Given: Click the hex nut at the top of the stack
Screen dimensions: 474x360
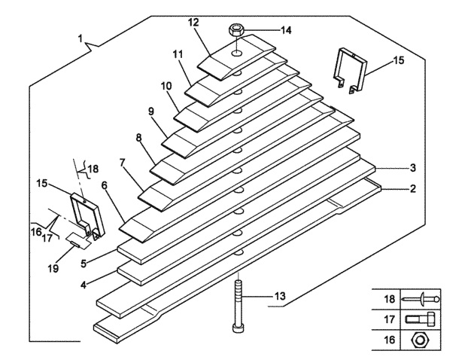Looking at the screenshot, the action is (x=235, y=30).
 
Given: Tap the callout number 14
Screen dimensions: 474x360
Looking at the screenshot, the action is (x=286, y=30).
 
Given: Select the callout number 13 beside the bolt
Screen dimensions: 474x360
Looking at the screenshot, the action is (x=280, y=296).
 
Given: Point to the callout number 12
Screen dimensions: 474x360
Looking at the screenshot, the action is (x=193, y=22).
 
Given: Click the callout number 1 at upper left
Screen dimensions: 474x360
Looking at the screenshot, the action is (x=80, y=38).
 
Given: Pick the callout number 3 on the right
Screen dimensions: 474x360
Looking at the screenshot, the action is (x=413, y=168).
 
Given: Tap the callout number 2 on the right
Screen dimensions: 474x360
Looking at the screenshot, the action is (x=413, y=189).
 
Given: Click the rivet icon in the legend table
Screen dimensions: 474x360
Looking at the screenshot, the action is (x=421, y=299).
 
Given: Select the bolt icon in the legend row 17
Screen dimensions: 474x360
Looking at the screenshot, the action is (x=420, y=319).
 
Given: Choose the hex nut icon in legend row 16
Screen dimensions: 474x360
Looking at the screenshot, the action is (x=419, y=340).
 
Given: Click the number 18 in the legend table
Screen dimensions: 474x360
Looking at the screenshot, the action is (x=390, y=299).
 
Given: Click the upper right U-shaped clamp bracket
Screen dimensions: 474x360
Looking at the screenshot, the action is (x=351, y=70).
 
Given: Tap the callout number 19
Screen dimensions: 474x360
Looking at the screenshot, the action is (x=53, y=268).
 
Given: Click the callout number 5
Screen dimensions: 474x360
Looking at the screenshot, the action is (x=84, y=263).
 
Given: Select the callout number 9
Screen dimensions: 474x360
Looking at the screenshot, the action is (x=151, y=111).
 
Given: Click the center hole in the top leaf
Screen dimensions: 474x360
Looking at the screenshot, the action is (x=237, y=53).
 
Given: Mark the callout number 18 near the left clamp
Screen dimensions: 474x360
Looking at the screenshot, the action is (x=94, y=169).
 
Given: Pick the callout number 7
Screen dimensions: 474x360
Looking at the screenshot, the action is (x=122, y=163).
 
